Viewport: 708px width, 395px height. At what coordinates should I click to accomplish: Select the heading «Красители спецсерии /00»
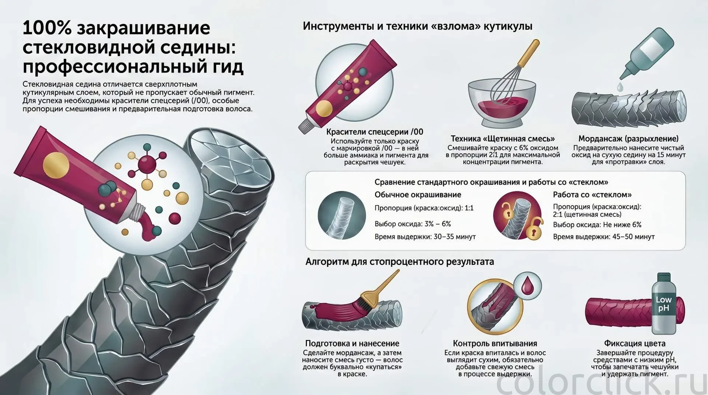coord(375,132)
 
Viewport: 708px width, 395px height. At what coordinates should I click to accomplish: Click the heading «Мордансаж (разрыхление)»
coord(628,139)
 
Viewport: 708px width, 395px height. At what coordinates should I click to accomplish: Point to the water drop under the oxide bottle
coord(619,87)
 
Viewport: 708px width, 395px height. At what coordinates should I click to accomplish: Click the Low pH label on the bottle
coord(664,304)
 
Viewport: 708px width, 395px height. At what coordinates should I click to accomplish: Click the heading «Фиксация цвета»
coord(635,343)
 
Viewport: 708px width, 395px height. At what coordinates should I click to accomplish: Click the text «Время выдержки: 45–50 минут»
coord(604,237)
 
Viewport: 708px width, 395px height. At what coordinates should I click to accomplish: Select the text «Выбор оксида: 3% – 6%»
coord(413,224)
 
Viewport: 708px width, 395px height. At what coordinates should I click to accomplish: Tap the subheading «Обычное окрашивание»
coord(418,195)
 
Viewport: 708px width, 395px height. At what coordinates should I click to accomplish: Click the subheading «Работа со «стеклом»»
coord(592,195)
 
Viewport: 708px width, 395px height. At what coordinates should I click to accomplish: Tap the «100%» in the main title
coord(47,28)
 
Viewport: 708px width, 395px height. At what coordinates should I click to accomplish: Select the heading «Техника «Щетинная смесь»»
coord(503,139)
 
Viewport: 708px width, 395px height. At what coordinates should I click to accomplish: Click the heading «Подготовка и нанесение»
coord(352,343)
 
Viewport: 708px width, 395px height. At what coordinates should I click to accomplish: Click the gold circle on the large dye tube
coord(56,164)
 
